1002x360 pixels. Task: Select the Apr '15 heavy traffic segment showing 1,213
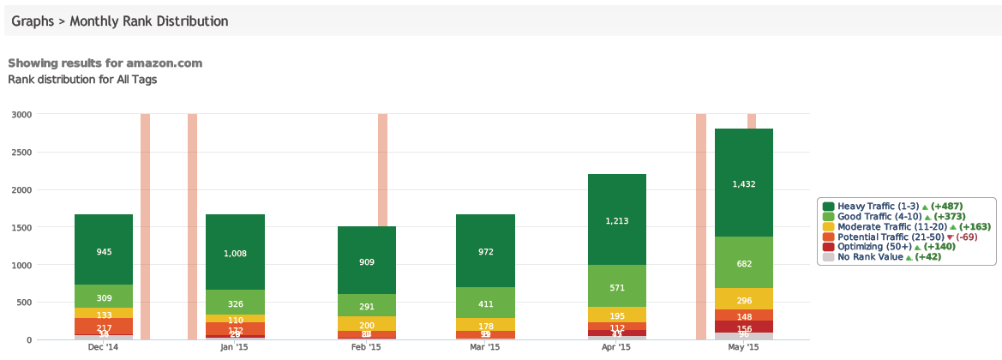(x=616, y=220)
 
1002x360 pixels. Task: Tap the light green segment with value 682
(x=743, y=262)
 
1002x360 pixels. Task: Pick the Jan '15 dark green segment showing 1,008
(x=235, y=252)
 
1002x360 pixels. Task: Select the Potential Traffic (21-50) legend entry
(x=890, y=237)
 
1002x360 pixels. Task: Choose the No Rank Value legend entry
(x=869, y=256)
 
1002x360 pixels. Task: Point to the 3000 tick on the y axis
(x=22, y=114)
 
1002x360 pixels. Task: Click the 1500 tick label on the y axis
(x=22, y=227)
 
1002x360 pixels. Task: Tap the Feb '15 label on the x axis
(x=366, y=348)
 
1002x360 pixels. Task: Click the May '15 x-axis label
(x=743, y=348)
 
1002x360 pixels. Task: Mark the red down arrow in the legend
(x=949, y=237)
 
